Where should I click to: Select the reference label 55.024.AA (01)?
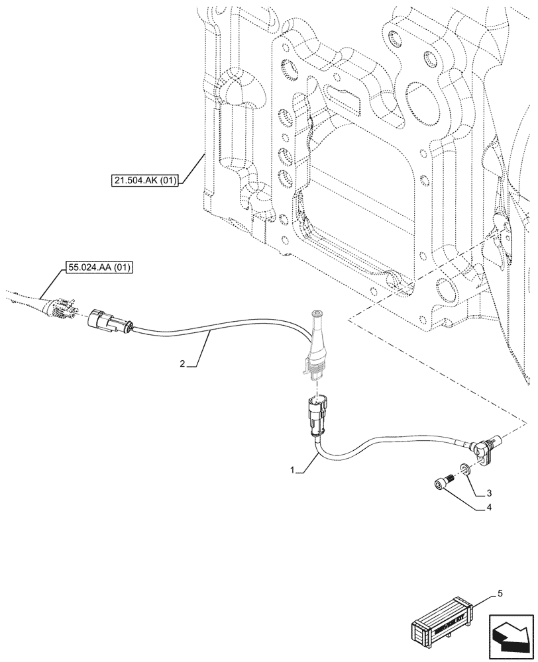pyautogui.click(x=99, y=268)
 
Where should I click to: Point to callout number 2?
pyautogui.click(x=183, y=363)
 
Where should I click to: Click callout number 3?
pyautogui.click(x=489, y=493)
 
